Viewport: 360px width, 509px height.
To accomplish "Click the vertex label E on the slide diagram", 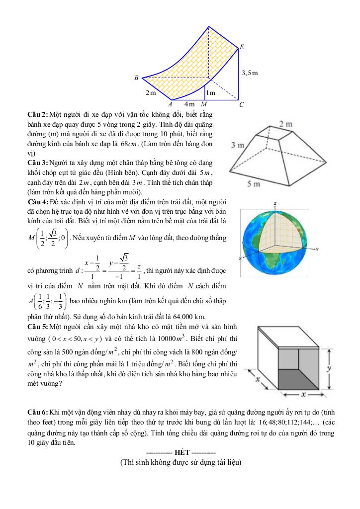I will [242, 48].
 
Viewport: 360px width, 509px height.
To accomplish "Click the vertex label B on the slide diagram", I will [136, 78].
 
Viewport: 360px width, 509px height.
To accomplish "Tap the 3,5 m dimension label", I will [250, 73].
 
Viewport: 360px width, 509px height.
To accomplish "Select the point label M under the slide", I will [204, 104].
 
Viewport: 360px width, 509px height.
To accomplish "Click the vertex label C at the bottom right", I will [241, 105].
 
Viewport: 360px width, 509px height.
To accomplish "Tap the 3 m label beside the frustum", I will [237, 146].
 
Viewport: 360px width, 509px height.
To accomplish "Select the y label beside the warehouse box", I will [329, 368].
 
